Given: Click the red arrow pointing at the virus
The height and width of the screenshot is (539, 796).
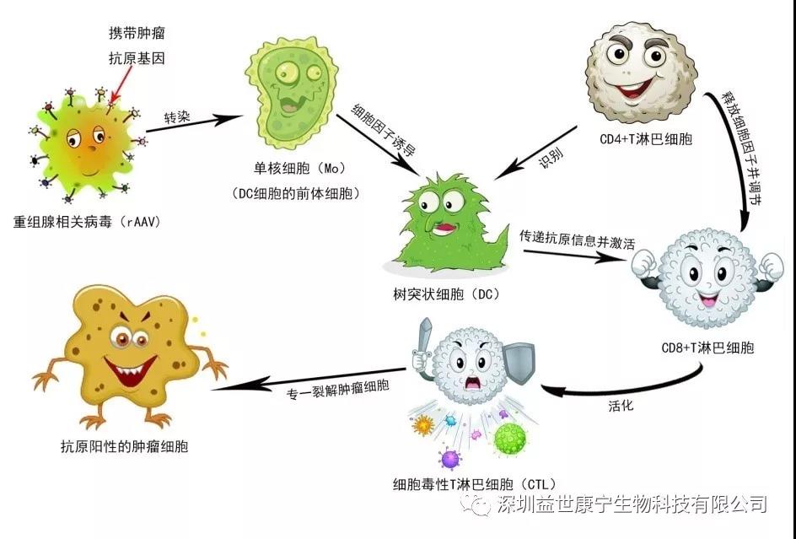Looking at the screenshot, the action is click(121, 84).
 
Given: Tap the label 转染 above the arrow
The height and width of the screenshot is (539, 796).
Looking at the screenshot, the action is click(177, 117).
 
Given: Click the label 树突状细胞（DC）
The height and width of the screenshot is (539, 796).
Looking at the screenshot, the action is click(446, 294).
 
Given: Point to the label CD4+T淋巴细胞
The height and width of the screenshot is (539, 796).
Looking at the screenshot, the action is click(646, 138).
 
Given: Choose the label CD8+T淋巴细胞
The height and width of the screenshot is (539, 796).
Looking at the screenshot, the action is click(707, 348).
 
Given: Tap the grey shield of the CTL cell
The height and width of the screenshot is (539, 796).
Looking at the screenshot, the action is click(519, 362).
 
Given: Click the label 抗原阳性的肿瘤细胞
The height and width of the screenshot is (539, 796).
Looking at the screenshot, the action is click(125, 446).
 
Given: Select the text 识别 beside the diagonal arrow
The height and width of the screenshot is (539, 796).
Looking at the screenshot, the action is click(551, 157).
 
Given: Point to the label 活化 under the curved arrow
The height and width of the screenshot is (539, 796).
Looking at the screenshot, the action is click(621, 406).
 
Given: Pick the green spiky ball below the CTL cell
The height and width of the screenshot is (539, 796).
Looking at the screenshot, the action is click(510, 439).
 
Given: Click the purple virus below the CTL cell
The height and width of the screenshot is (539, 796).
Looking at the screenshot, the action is click(449, 459).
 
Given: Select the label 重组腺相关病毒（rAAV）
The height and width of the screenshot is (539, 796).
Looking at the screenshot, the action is click(87, 222).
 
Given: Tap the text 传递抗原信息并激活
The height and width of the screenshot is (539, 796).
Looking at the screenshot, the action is click(577, 240).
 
